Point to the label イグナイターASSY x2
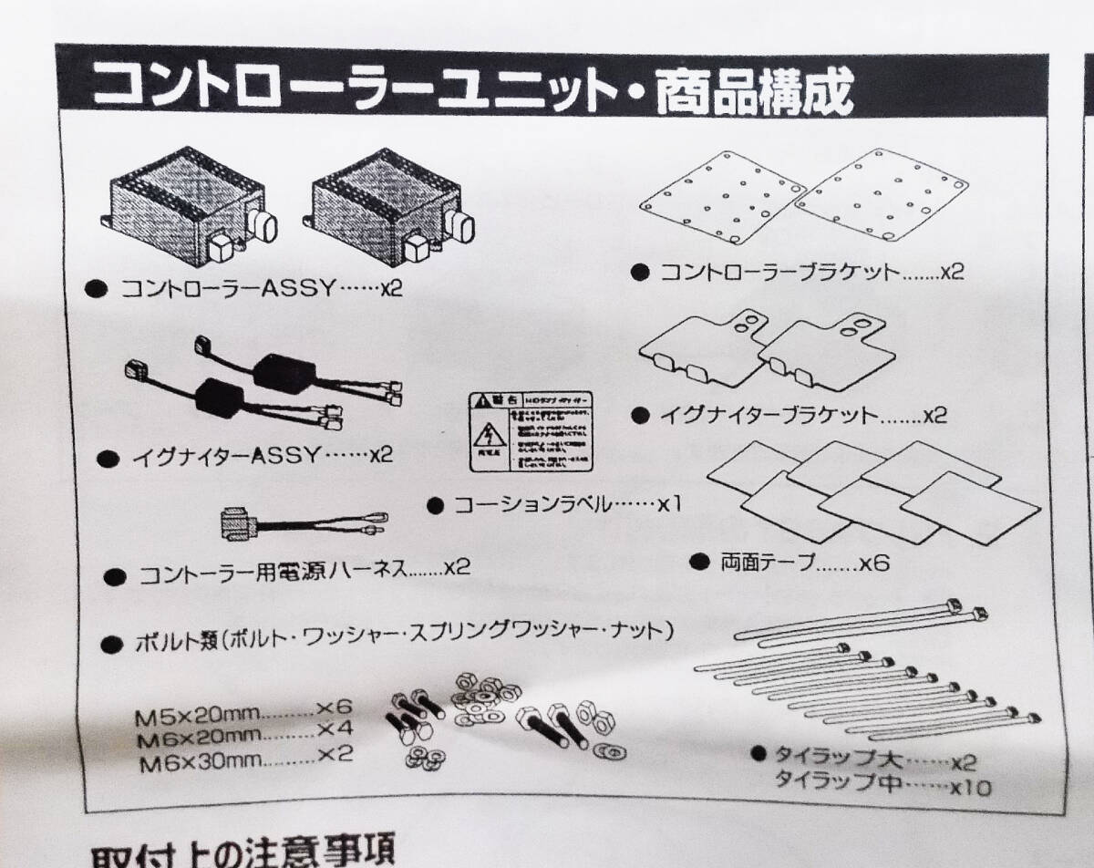click(x=256, y=455)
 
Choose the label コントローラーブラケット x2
click(x=810, y=272)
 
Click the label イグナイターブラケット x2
click(x=802, y=416)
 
